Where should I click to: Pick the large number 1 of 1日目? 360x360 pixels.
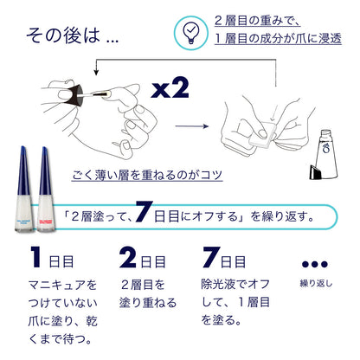point(35,259)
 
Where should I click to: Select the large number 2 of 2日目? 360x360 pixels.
point(128,259)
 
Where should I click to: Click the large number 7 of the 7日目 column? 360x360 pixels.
point(211,259)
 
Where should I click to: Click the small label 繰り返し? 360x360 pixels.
point(315,283)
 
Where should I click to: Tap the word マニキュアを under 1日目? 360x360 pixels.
point(61,284)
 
